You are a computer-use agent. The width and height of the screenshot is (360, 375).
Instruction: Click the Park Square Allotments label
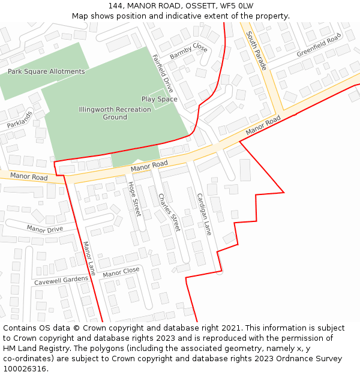tap(46, 71)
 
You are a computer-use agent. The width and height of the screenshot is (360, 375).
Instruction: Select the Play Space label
tap(159, 99)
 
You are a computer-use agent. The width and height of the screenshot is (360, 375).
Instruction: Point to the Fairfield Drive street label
tap(163, 73)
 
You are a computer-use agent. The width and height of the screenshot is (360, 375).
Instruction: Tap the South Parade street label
tap(256, 50)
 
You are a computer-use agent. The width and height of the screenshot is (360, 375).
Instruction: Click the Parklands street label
tap(20, 119)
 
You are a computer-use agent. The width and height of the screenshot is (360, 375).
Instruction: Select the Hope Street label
tap(134, 199)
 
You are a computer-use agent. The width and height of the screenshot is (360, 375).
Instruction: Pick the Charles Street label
tap(169, 212)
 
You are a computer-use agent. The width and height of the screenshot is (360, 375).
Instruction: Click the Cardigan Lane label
tap(204, 214)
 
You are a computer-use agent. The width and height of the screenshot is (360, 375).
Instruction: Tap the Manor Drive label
tap(45, 229)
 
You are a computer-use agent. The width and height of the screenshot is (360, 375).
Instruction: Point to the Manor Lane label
tap(89, 259)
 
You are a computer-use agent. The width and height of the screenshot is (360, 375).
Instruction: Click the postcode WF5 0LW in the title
tap(240, 6)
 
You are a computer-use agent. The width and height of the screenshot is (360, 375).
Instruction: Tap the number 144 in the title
tap(115, 6)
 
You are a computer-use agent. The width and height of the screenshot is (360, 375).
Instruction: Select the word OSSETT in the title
tap(204, 6)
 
